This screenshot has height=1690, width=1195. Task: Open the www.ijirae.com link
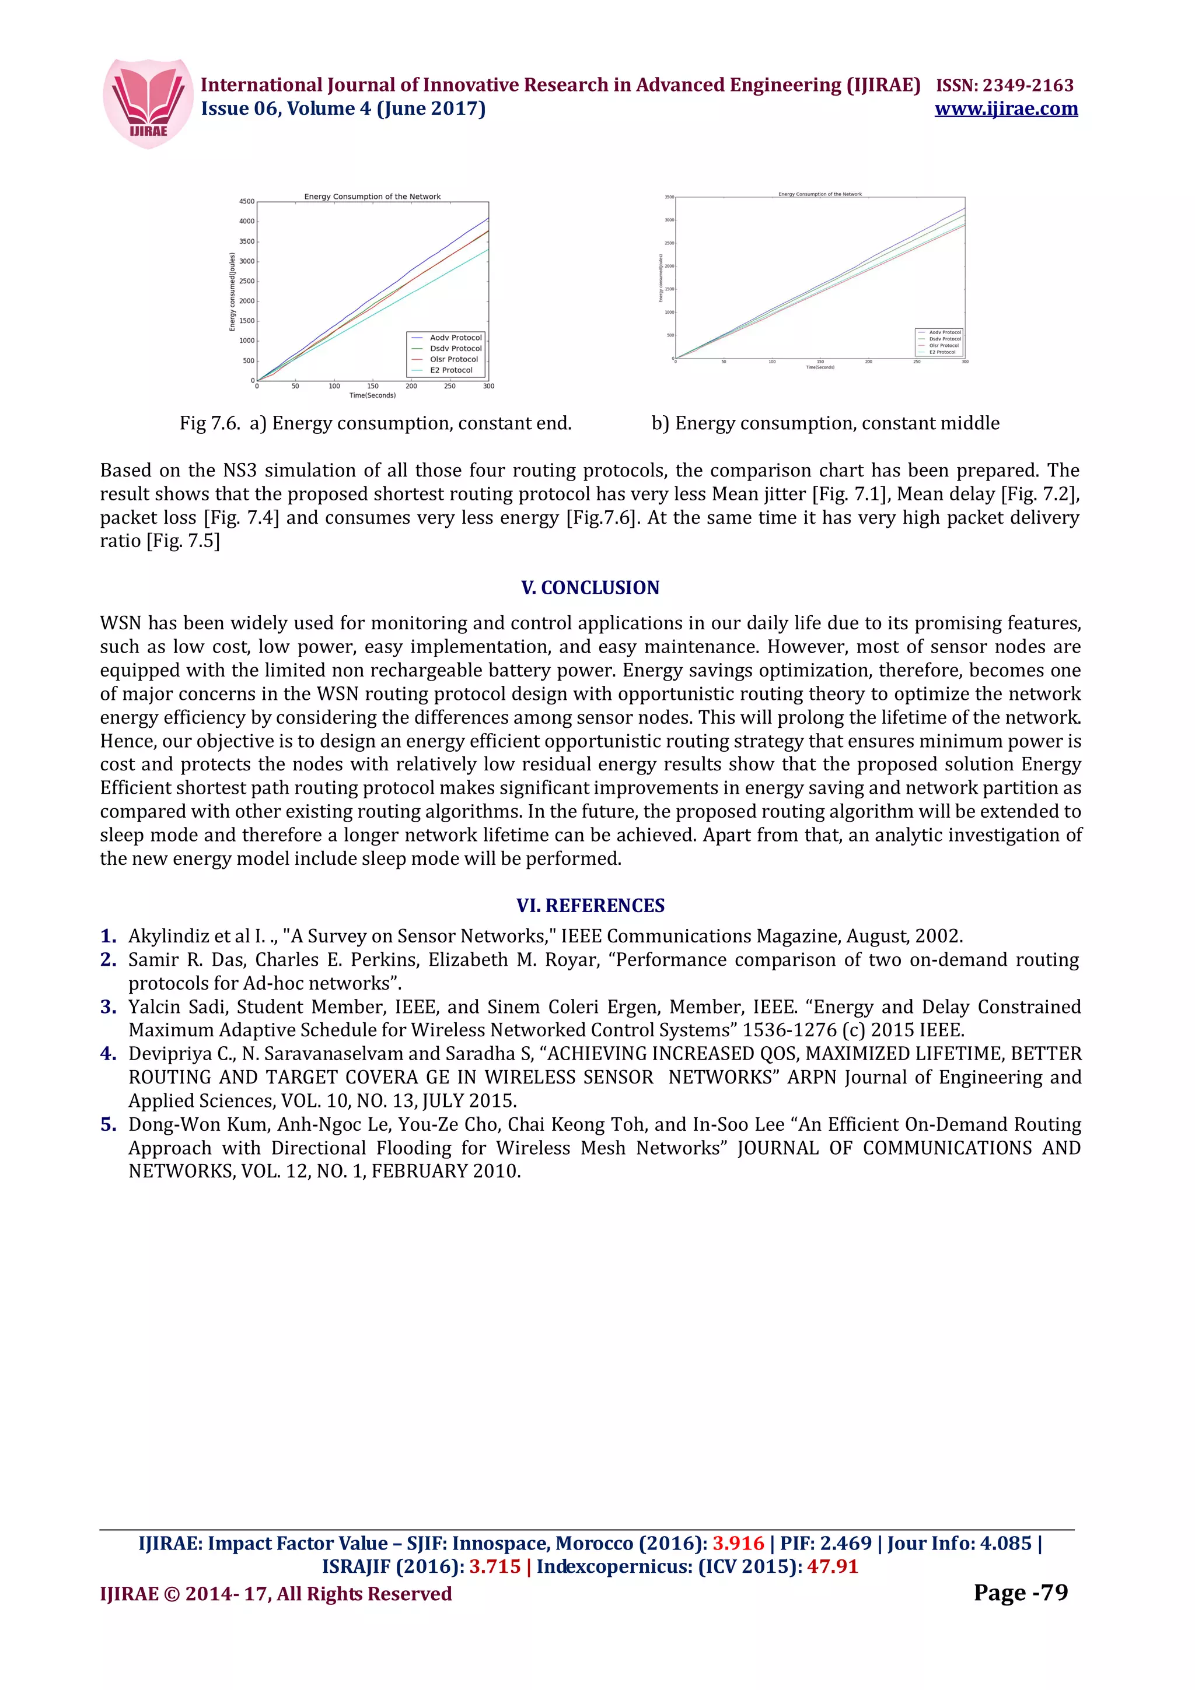click(x=1006, y=109)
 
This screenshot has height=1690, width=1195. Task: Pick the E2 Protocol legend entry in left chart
click(x=450, y=370)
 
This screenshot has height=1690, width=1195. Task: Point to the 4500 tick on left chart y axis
click(x=247, y=202)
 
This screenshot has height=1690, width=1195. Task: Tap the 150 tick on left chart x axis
click(x=373, y=385)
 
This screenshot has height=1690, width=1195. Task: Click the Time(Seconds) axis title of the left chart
click(x=373, y=396)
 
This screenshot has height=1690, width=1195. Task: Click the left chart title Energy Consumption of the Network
click(x=373, y=197)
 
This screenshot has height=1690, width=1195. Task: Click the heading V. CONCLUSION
click(x=590, y=587)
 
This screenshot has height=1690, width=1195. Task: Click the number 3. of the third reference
click(x=108, y=1007)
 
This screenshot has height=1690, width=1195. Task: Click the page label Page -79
click(x=1020, y=1592)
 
